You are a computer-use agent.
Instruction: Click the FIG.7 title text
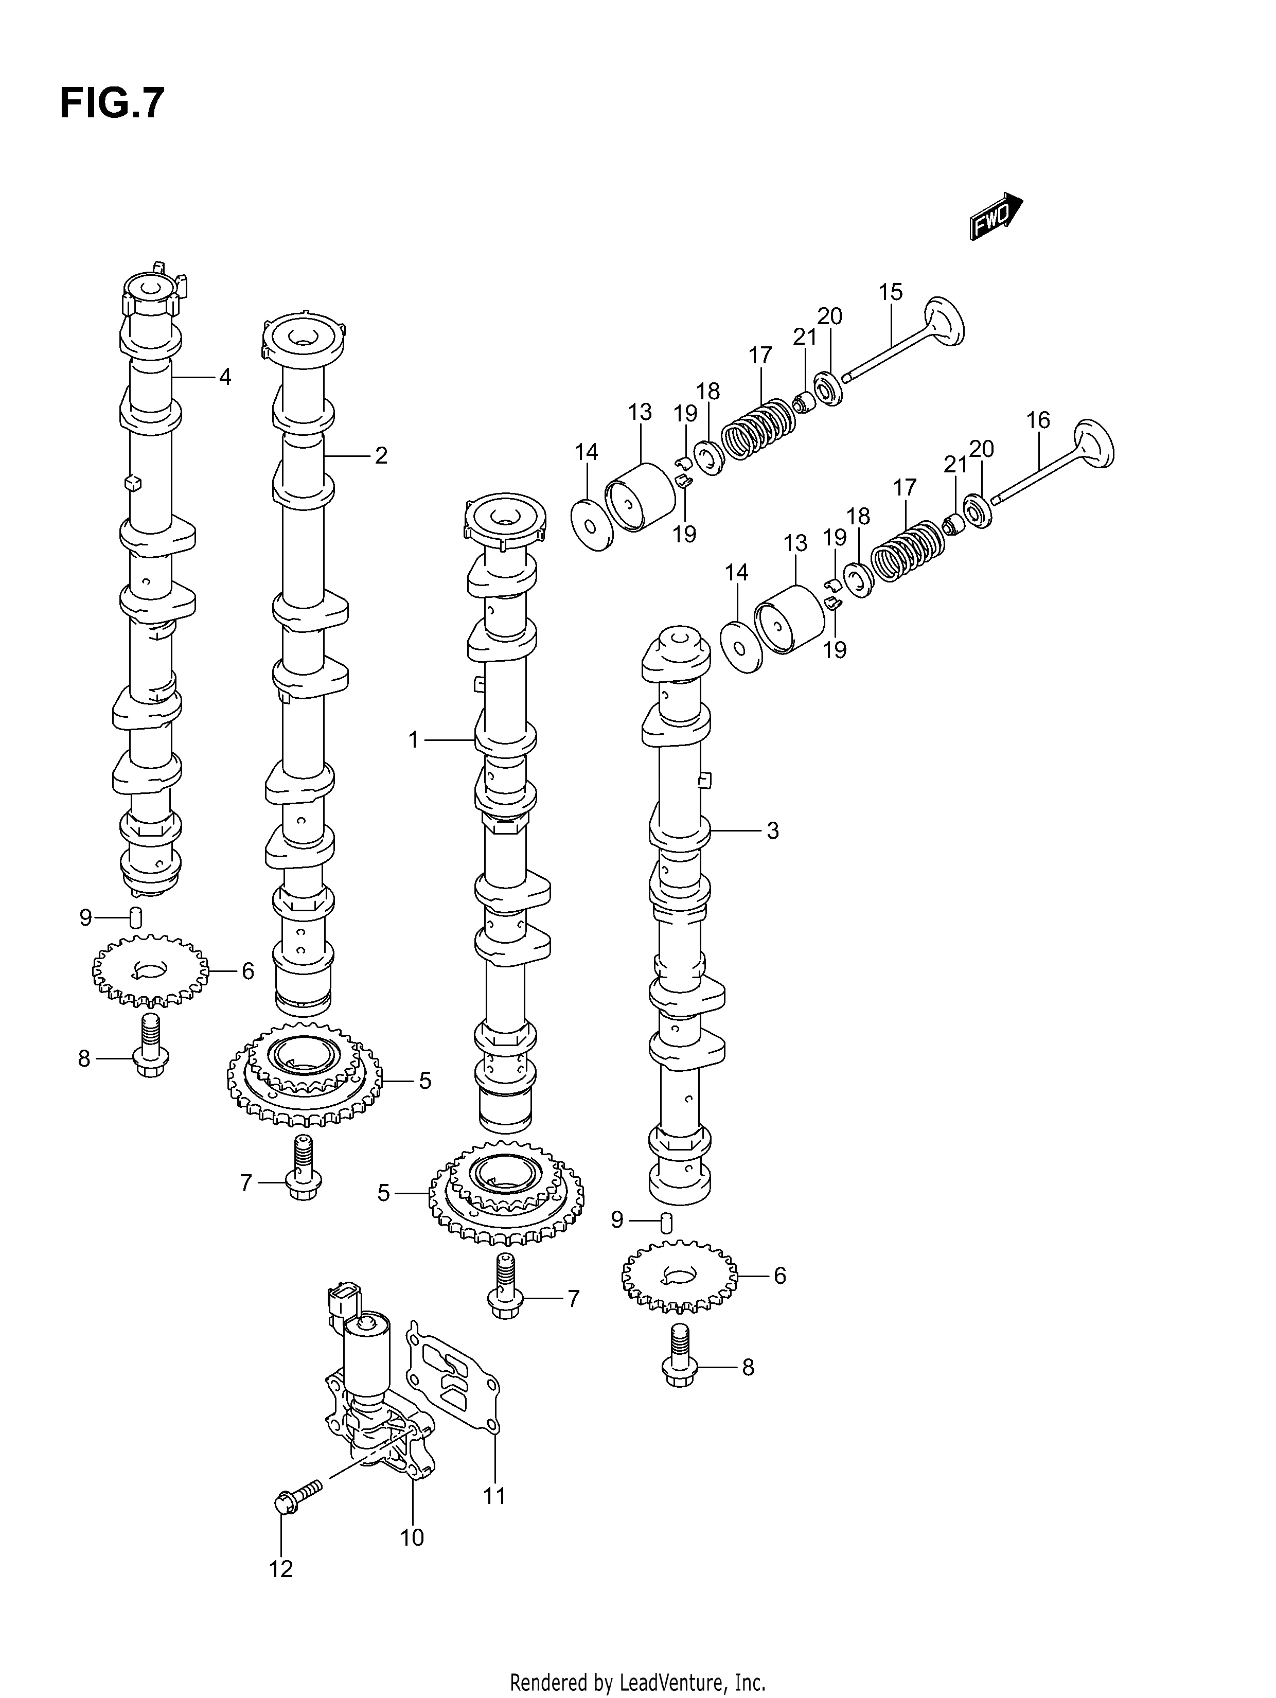click(x=112, y=103)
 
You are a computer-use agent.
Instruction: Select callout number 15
click(x=891, y=292)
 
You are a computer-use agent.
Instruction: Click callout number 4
click(x=225, y=377)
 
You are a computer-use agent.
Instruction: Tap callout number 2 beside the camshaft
click(x=381, y=456)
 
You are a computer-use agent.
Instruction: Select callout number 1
click(x=414, y=740)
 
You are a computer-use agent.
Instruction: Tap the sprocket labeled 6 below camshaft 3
click(x=679, y=1277)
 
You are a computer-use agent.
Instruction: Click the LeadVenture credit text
click(x=638, y=1677)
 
